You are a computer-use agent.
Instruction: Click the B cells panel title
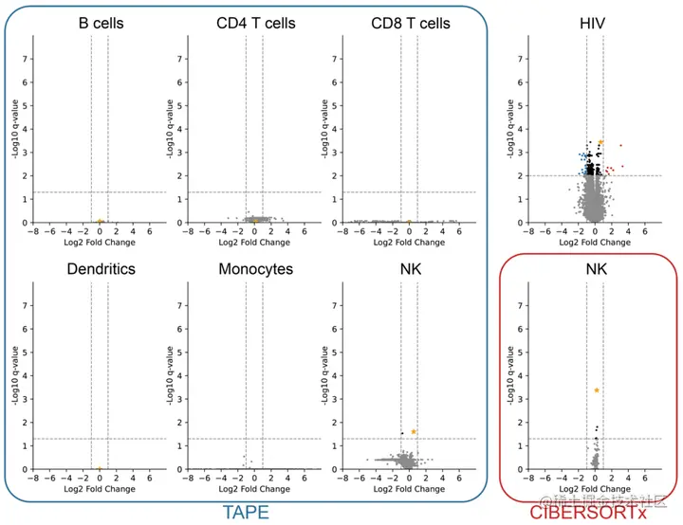pyautogui.click(x=101, y=21)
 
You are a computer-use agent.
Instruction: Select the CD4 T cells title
pyautogui.click(x=254, y=21)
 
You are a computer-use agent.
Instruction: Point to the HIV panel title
pyautogui.click(x=595, y=21)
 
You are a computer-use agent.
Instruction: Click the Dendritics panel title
pyautogui.click(x=101, y=268)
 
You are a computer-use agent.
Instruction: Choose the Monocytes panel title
pyautogui.click(x=255, y=268)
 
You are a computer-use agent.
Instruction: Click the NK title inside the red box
pyautogui.click(x=595, y=268)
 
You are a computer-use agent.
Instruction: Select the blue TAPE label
pyautogui.click(x=246, y=513)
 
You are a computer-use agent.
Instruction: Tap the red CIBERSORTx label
pyautogui.click(x=588, y=513)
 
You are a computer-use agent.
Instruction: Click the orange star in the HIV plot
pyautogui.click(x=600, y=142)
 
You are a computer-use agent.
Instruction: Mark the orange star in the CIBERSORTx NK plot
pyautogui.click(x=597, y=389)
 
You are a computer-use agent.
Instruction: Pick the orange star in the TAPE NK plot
pyautogui.click(x=414, y=431)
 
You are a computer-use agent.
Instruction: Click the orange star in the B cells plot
pyautogui.click(x=100, y=222)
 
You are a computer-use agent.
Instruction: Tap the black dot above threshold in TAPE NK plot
pyautogui.click(x=402, y=434)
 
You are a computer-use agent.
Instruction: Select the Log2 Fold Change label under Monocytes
pyautogui.click(x=254, y=489)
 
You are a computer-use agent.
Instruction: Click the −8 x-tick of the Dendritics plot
pyautogui.click(x=33, y=478)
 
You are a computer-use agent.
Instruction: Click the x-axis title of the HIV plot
pyautogui.click(x=595, y=243)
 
